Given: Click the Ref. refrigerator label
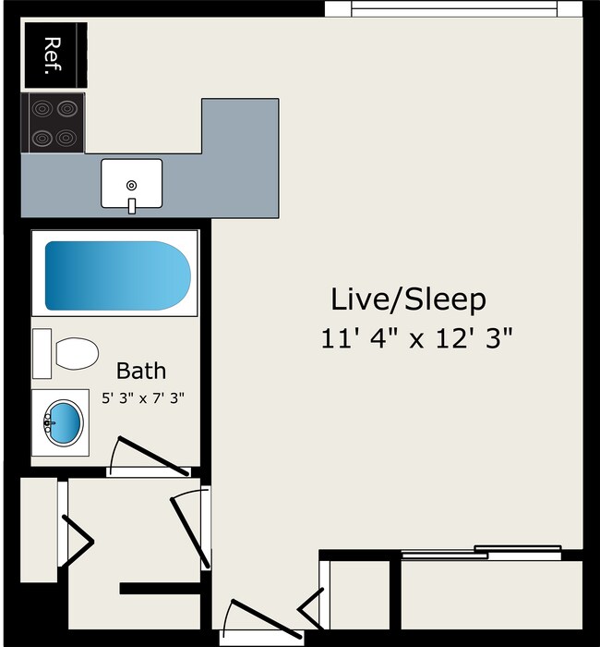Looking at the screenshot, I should click(x=54, y=55).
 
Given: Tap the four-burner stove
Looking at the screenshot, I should click(x=53, y=123).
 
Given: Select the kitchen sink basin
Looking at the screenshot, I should click(x=131, y=182).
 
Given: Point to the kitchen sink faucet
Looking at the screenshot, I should click(x=132, y=205).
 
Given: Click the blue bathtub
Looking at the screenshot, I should click(x=116, y=275).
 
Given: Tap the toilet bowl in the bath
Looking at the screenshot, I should click(x=78, y=353).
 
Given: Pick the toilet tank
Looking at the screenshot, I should click(x=42, y=353).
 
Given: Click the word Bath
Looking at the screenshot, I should click(x=141, y=371).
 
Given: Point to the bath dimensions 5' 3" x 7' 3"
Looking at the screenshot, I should click(x=143, y=398).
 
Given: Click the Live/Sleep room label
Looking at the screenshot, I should click(x=408, y=299).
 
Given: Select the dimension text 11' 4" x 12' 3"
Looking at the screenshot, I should click(x=416, y=337).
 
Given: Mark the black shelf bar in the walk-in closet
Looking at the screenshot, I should click(x=159, y=588).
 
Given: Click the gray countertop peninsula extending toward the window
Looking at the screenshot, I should click(x=240, y=157).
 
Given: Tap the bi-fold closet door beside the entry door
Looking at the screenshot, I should click(x=312, y=605).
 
